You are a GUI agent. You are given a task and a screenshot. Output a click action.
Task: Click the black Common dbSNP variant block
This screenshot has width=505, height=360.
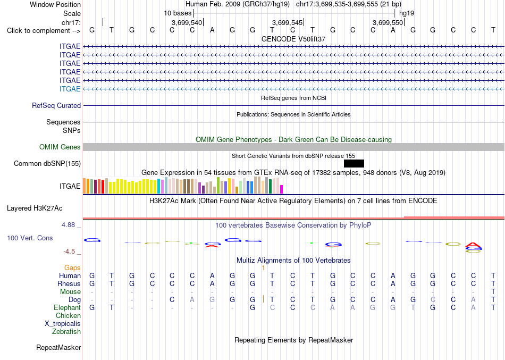pyautogui.click(x=354, y=163)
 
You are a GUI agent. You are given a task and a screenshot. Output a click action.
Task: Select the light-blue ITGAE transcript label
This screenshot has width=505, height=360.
pyautogui.click(x=70, y=89)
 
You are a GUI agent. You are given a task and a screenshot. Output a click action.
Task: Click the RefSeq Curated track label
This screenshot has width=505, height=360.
pyautogui.click(x=56, y=105)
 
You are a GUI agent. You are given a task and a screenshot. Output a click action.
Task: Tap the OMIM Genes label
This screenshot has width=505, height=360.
pyautogui.click(x=60, y=147)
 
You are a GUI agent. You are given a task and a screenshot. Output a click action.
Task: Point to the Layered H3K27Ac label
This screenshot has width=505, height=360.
pyautogui.click(x=35, y=208)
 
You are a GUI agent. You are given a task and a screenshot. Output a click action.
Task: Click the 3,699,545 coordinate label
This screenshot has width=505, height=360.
pyautogui.click(x=287, y=22)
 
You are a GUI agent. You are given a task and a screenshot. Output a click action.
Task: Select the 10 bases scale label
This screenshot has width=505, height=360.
pyautogui.click(x=178, y=13)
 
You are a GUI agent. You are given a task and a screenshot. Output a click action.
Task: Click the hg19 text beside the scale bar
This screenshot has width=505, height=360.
pyautogui.click(x=407, y=13)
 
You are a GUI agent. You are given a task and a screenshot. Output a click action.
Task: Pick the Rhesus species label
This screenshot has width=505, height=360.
pyautogui.click(x=69, y=283)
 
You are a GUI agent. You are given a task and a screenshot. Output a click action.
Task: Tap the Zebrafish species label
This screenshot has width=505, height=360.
pyautogui.click(x=66, y=331)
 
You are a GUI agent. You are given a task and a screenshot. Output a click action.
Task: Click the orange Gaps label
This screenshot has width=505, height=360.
pyautogui.click(x=72, y=268)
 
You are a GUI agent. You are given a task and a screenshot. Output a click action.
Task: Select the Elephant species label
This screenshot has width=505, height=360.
pyautogui.click(x=67, y=307)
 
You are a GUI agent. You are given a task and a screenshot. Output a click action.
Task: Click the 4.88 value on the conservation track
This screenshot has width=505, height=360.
pyautogui.click(x=69, y=224)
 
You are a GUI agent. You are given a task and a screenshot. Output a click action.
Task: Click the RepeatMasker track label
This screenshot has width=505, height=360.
pyautogui.click(x=58, y=347)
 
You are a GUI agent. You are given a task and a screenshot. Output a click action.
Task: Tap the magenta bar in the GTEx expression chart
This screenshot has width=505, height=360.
pyautogui.click(x=282, y=189)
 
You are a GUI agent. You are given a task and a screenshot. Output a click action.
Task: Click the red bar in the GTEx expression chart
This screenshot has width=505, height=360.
pyautogui.click(x=103, y=187)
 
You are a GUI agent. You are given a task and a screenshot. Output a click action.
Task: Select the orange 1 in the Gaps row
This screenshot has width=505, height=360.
pyautogui.click(x=263, y=268)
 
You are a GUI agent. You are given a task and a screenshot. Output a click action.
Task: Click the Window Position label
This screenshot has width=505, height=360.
pyautogui.click(x=55, y=4)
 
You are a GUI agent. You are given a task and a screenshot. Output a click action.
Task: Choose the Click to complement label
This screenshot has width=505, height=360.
pyautogui.click(x=44, y=31)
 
